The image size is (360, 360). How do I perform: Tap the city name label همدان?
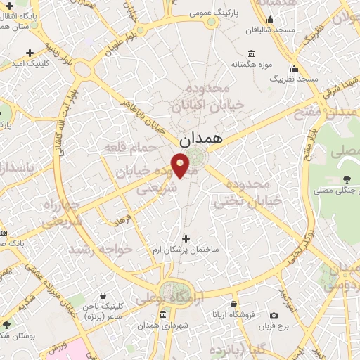click(200, 139)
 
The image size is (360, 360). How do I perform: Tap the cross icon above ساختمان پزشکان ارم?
click(186, 238)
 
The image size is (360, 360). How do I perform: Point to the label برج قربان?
click(273, 326)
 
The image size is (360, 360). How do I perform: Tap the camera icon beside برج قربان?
click(273, 315)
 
